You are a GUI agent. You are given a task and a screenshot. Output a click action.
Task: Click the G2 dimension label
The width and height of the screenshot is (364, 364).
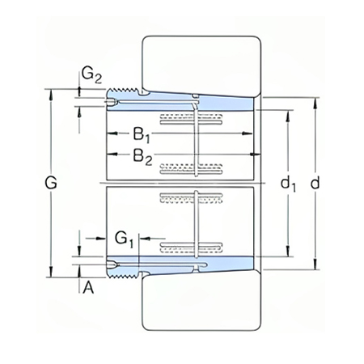91,75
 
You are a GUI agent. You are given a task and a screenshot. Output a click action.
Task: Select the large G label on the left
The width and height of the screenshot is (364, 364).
50,184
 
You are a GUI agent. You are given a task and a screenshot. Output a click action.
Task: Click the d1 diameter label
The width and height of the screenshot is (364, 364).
288,184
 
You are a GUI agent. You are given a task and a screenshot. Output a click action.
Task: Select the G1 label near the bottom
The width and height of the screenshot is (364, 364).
123,239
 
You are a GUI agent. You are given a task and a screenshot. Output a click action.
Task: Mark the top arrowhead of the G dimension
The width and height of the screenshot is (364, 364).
53,92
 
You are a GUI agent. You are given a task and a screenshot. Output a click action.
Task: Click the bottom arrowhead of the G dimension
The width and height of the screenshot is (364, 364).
53,275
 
